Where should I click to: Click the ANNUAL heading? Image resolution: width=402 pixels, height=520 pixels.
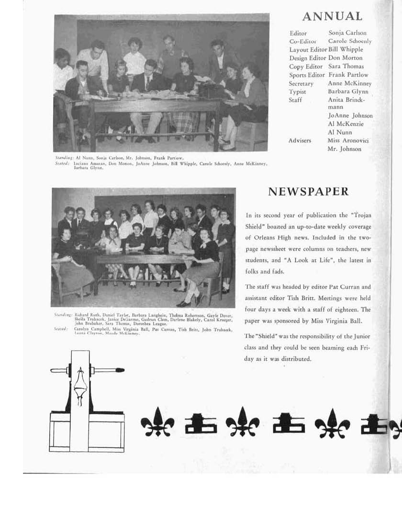[x=332, y=17]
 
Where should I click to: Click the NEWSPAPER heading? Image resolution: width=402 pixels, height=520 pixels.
[x=308, y=192]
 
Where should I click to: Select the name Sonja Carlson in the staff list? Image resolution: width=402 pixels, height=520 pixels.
[x=347, y=33]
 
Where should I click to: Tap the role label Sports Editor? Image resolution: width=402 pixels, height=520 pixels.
[x=307, y=75]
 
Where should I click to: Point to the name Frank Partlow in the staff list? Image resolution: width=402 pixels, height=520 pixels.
[x=348, y=75]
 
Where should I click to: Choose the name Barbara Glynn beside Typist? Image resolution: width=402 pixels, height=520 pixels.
[x=348, y=92]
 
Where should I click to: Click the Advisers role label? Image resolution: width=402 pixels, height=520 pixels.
[x=300, y=141]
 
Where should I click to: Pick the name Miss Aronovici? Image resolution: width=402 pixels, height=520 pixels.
[x=348, y=141]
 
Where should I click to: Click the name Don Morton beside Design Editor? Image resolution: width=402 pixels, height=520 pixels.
[x=346, y=58]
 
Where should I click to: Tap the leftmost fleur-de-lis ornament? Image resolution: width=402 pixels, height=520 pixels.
[x=157, y=422]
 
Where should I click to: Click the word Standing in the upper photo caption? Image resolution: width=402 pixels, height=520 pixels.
[x=64, y=157]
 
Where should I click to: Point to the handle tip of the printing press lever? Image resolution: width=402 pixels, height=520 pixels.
[x=120, y=370]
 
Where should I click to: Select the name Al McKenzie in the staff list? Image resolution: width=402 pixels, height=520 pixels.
[x=346, y=124]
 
